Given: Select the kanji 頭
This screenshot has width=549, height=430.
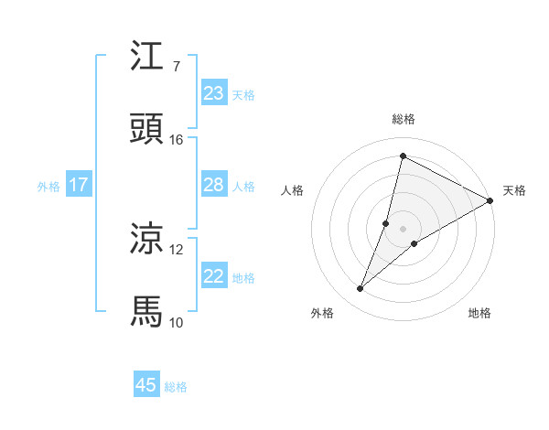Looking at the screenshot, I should click(x=147, y=129).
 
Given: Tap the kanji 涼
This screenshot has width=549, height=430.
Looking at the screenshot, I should click(x=147, y=239).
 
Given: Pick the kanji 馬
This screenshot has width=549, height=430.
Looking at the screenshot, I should click(x=147, y=311).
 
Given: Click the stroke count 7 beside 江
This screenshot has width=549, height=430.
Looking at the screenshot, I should click(x=176, y=67).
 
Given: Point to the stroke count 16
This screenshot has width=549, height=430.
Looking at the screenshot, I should click(x=177, y=140).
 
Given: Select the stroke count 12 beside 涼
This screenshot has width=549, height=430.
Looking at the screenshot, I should click(x=177, y=249).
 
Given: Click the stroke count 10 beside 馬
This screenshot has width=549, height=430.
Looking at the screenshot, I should click(x=177, y=322).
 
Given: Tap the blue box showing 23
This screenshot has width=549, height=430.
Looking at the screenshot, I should click(x=214, y=93).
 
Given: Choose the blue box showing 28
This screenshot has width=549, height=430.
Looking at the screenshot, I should click(x=214, y=185).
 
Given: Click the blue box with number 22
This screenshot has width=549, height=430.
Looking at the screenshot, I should click(x=214, y=276).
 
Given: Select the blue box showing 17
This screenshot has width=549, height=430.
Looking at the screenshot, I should click(x=79, y=185).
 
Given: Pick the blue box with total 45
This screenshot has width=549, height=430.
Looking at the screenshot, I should click(x=146, y=385).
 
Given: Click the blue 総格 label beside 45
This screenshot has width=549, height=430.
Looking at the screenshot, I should click(x=176, y=387).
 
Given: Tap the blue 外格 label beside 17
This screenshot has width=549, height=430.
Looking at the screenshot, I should click(x=48, y=187).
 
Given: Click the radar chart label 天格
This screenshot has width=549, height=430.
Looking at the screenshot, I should click(x=514, y=190).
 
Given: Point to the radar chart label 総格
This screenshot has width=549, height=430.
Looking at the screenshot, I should click(x=404, y=120).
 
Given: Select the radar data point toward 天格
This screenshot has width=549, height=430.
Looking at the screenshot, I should click(x=490, y=201).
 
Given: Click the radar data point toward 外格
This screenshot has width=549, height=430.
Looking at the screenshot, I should click(x=360, y=289).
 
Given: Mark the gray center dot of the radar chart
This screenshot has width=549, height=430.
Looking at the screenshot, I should click(x=404, y=229).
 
